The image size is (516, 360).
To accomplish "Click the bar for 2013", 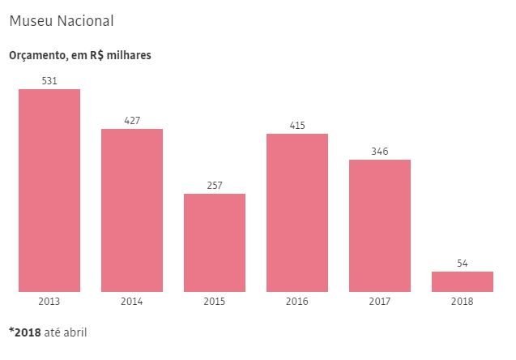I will (49, 190).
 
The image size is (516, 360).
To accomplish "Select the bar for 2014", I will (132, 210).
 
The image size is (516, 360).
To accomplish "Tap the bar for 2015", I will (215, 242).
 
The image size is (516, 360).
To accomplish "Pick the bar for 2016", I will (297, 212).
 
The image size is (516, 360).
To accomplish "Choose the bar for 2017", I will (380, 225).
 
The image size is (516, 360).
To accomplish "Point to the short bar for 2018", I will (463, 281).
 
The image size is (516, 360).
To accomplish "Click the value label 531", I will (49, 80).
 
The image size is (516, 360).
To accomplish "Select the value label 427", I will (132, 121).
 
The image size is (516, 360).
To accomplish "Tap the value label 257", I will (215, 186).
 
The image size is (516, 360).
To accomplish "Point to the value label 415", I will (297, 126).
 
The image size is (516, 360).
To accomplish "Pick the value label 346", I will (380, 152).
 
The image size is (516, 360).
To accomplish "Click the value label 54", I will (463, 264).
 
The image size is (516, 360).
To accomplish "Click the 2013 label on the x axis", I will (49, 302).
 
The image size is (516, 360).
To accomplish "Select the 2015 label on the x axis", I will (215, 302).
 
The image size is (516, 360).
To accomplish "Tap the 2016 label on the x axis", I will (297, 302).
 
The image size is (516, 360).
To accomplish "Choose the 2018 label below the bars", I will (463, 302).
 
